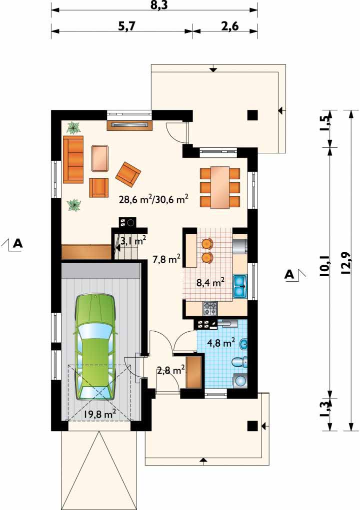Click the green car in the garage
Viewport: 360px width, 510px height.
pyautogui.click(x=95, y=347)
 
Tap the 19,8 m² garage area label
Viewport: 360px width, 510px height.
pyautogui.click(x=100, y=414)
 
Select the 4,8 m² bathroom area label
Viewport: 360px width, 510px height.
pyautogui.click(x=221, y=343)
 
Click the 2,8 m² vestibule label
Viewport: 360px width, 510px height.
pyautogui.click(x=171, y=370)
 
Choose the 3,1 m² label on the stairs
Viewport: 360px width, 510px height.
pyautogui.click(x=133, y=241)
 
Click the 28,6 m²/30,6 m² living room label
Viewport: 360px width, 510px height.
pyautogui.click(x=153, y=199)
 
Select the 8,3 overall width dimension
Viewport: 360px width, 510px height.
pyautogui.click(x=159, y=5)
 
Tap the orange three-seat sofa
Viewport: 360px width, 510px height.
pyautogui.click(x=73, y=159)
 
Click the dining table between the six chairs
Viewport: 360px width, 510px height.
pyautogui.click(x=220, y=187)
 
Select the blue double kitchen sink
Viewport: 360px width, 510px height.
pyautogui.click(x=240, y=287)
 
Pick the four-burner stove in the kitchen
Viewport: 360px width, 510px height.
pyautogui.click(x=210, y=309)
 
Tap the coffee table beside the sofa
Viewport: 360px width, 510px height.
pyautogui.click(x=100, y=158)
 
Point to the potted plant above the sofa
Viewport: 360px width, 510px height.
pyautogui.click(x=74, y=127)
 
